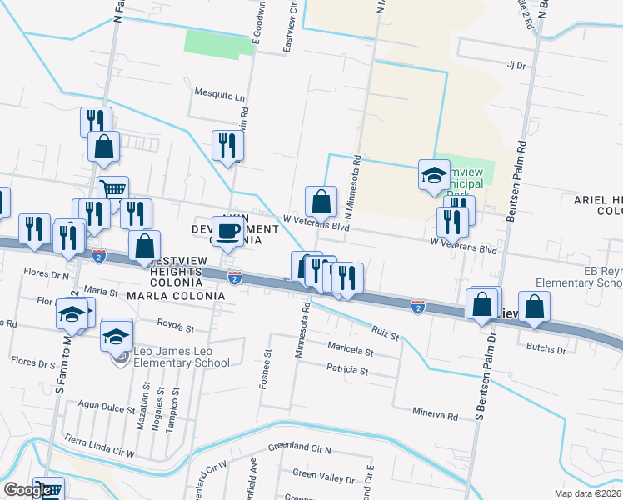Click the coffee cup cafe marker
coord(227,231)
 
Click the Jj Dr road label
coord(517,65)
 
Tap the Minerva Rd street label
coord(436,414)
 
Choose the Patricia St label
coord(347,369)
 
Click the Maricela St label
coord(350,351)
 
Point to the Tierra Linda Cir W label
coord(101,446)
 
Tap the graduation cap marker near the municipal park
coord(433,176)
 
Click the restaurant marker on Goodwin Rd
coord(227,146)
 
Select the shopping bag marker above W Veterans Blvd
coord(321,201)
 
